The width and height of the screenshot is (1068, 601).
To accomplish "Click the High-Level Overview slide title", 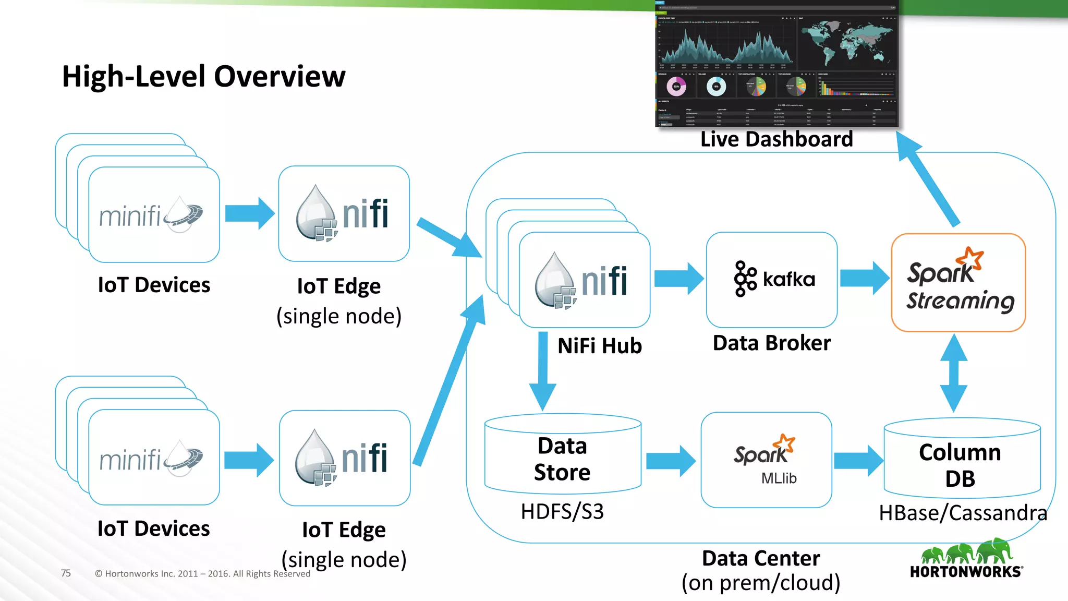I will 203,77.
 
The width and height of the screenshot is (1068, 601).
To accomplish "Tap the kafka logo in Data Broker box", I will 774,279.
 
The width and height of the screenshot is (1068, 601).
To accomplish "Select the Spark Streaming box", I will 958,283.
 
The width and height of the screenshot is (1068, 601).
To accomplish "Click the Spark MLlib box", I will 766,460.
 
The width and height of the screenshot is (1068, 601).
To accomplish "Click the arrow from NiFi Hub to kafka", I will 678,279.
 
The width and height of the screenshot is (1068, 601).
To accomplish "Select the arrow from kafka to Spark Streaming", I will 864,279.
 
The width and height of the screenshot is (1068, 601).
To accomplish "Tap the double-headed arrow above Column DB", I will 954,373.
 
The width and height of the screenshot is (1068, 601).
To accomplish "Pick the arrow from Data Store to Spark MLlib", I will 670,461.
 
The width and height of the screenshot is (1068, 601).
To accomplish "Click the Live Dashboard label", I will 776,139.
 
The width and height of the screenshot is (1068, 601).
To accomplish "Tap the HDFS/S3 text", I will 562,512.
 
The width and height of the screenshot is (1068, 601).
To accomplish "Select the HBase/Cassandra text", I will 963,513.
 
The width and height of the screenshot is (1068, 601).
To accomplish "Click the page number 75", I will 66,573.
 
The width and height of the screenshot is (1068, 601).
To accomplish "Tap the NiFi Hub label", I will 599,346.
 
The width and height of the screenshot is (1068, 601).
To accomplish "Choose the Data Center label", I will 760,559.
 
